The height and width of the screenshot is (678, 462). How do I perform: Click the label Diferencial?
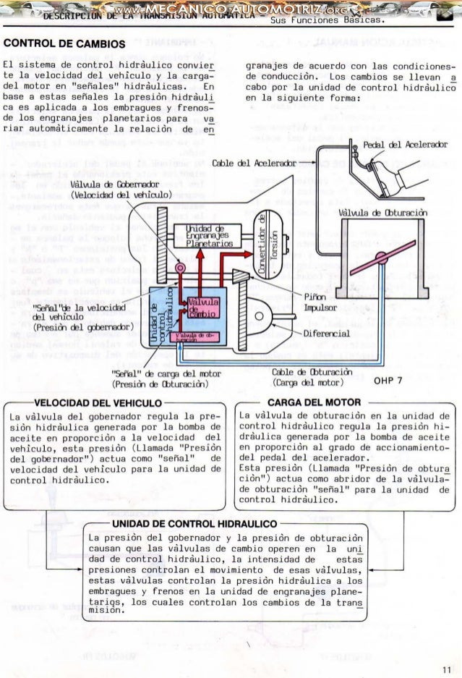click(328, 334)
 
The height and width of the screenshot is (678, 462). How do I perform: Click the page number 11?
click(448, 667)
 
